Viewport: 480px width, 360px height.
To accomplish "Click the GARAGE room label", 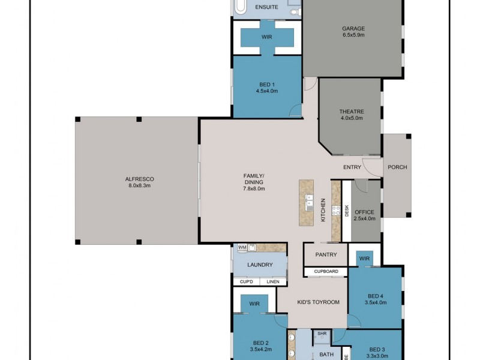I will [353, 28].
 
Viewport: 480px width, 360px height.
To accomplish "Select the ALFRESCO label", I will [139, 179].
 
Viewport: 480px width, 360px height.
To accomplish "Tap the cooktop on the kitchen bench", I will [336, 211].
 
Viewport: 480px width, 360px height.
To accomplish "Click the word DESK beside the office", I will [347, 211].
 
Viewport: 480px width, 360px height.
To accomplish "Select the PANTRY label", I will [325, 255].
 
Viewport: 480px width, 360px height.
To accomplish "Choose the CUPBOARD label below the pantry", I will [325, 272].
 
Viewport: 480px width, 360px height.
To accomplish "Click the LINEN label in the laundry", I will [272, 281].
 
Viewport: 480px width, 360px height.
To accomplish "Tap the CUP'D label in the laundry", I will [246, 281].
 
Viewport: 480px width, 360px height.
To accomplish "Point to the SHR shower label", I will [322, 333].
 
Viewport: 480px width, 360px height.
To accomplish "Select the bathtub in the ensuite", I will [240, 8].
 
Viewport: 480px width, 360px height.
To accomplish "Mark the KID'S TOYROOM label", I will [319, 302].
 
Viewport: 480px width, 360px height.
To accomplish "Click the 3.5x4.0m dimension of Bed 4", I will [376, 303].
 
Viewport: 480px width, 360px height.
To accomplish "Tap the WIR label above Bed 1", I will [267, 37].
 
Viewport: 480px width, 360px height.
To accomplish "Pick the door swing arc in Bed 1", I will [295, 110].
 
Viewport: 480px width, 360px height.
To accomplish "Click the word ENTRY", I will [352, 167].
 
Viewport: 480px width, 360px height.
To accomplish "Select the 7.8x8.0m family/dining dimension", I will [254, 188].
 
